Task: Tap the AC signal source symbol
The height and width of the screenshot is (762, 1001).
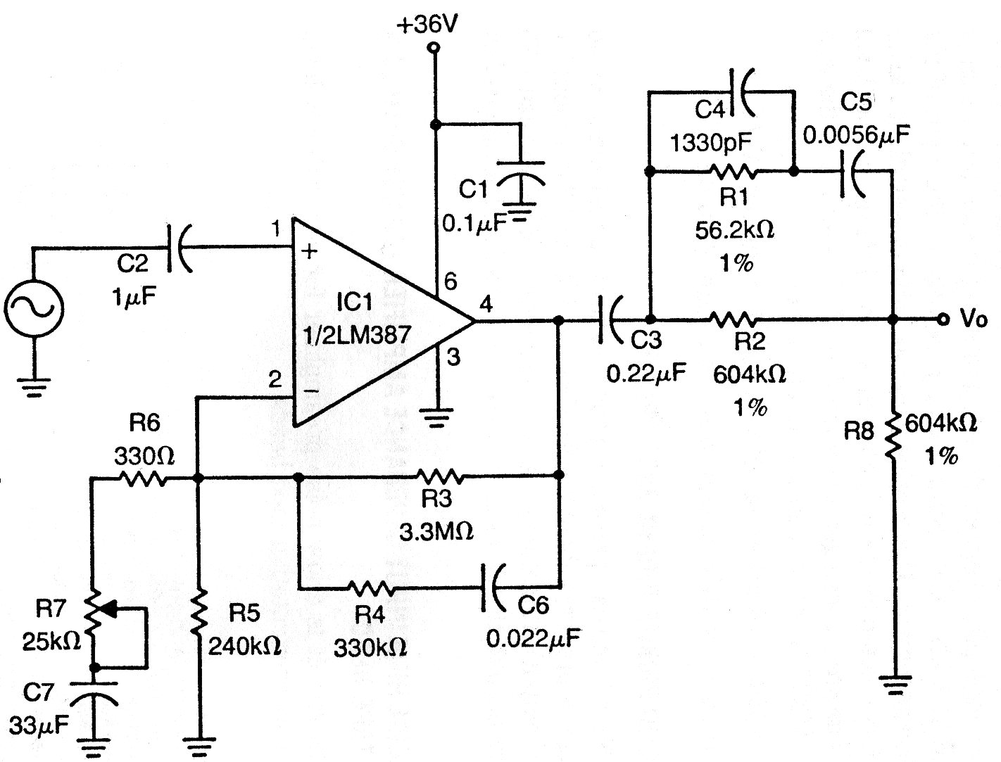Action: [x=34, y=308]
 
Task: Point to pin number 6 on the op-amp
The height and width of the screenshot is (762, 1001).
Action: [x=451, y=282]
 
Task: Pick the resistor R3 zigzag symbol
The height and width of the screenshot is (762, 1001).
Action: [x=439, y=476]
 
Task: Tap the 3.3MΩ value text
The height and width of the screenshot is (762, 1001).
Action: [x=436, y=531]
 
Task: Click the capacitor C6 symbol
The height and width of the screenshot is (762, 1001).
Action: [x=490, y=587]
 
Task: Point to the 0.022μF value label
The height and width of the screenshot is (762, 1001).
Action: [x=534, y=639]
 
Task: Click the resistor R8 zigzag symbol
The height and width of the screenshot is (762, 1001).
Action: [x=893, y=436]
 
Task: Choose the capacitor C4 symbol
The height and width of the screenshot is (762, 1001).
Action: [x=739, y=91]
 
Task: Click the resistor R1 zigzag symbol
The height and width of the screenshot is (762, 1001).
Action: [x=734, y=171]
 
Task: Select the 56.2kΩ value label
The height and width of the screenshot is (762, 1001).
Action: [x=734, y=230]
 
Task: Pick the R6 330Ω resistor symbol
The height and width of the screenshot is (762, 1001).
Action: [x=144, y=479]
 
